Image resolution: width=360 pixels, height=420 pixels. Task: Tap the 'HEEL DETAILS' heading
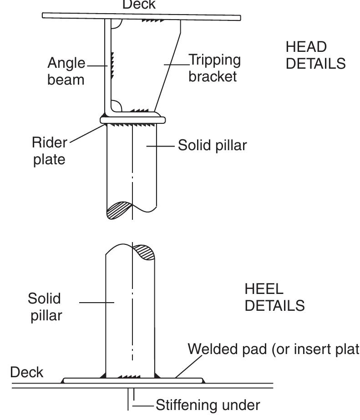[x=274, y=297]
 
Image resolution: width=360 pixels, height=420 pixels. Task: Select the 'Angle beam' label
[x=66, y=71]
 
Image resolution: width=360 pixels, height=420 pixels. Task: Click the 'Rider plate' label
[x=49, y=151]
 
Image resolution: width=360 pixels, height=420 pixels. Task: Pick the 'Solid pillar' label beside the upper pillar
[x=212, y=146]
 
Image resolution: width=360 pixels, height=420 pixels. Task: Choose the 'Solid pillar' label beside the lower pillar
[x=45, y=307]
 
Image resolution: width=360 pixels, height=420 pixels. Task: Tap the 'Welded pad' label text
[x=273, y=349]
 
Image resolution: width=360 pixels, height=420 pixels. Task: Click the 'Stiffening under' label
[x=208, y=405]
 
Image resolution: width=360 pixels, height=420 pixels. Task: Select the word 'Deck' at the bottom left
[x=27, y=372]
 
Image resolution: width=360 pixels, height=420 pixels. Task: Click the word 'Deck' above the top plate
[x=139, y=5]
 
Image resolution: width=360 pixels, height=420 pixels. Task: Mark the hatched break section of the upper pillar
[x=119, y=210]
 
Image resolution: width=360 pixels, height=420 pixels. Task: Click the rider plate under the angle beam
[x=132, y=120]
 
